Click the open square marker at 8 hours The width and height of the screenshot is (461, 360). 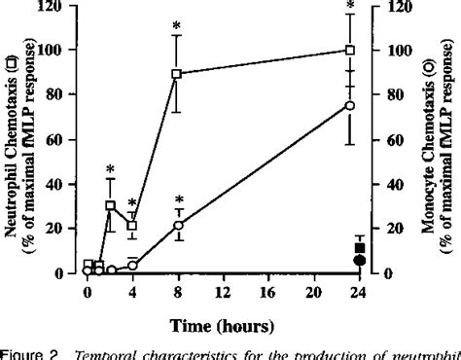[x=176, y=74]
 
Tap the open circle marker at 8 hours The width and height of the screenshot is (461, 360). [x=176, y=226]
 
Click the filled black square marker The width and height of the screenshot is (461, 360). [x=360, y=248]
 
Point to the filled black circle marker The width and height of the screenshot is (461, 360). [x=360, y=260]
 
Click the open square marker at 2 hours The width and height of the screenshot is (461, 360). [x=111, y=206]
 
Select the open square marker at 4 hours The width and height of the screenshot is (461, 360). [x=132, y=225]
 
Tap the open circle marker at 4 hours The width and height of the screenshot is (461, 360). [x=132, y=265]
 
